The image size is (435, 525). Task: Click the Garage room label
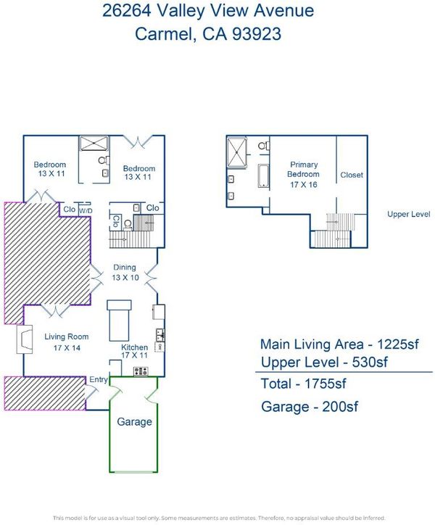click(x=134, y=422)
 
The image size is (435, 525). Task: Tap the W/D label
click(x=86, y=211)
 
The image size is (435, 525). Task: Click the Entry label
click(x=99, y=379)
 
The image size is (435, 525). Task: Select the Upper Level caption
click(x=409, y=214)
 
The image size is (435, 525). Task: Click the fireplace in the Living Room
click(x=25, y=339)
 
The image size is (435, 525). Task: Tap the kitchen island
click(x=119, y=321)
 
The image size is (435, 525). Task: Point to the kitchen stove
click(x=141, y=371)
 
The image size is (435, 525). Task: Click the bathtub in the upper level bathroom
click(x=263, y=175)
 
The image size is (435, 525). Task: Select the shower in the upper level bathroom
click(x=237, y=152)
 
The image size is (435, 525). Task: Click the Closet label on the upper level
click(x=352, y=175)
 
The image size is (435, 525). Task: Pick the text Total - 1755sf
click(x=303, y=384)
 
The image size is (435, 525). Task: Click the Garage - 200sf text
click(x=310, y=407)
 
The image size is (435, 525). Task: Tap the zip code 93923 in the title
click(x=257, y=34)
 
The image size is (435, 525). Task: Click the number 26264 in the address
click(x=127, y=10)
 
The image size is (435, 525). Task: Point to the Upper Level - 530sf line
click(x=324, y=362)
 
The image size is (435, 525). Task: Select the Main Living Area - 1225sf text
click(x=339, y=344)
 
